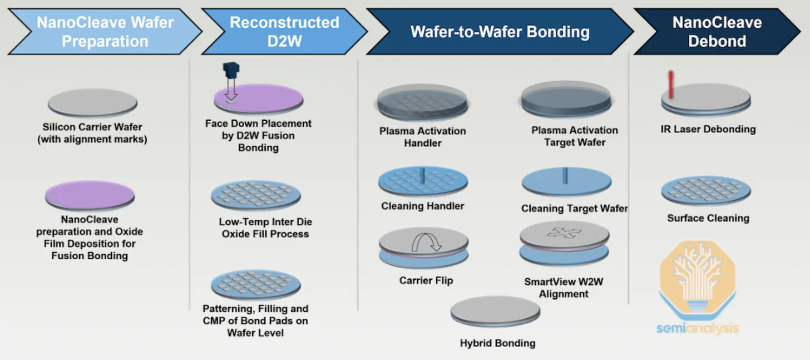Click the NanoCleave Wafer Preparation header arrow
[105, 32]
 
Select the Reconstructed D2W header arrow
[284, 32]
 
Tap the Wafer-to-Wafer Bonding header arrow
[500, 32]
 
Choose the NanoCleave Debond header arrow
[717, 32]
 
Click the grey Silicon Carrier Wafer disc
[92, 103]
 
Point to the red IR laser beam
[671, 85]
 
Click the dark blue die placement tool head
[231, 70]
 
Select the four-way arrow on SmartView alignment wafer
[564, 233]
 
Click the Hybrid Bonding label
[497, 343]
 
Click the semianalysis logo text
[698, 328]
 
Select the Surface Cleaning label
[708, 218]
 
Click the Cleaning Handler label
[422, 206]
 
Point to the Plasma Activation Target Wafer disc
[566, 98]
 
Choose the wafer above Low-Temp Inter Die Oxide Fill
[256, 196]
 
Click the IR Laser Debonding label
[708, 129]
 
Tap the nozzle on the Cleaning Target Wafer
[565, 175]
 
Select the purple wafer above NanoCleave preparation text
[90, 195]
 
